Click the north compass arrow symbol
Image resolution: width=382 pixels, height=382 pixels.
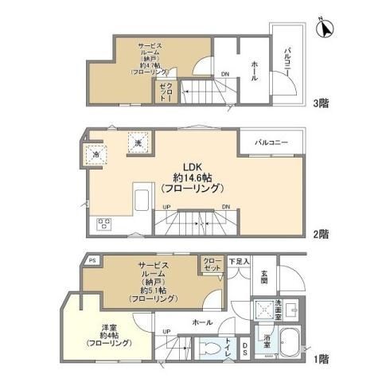(x=324, y=29)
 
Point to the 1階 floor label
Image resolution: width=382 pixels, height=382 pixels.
(x=321, y=360)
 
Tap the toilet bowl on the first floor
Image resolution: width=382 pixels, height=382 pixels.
(x=211, y=348)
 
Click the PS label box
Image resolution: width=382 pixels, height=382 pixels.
(x=92, y=260)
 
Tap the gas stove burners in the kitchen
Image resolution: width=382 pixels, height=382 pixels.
(x=105, y=223)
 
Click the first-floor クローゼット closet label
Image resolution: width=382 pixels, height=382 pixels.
(x=212, y=265)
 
